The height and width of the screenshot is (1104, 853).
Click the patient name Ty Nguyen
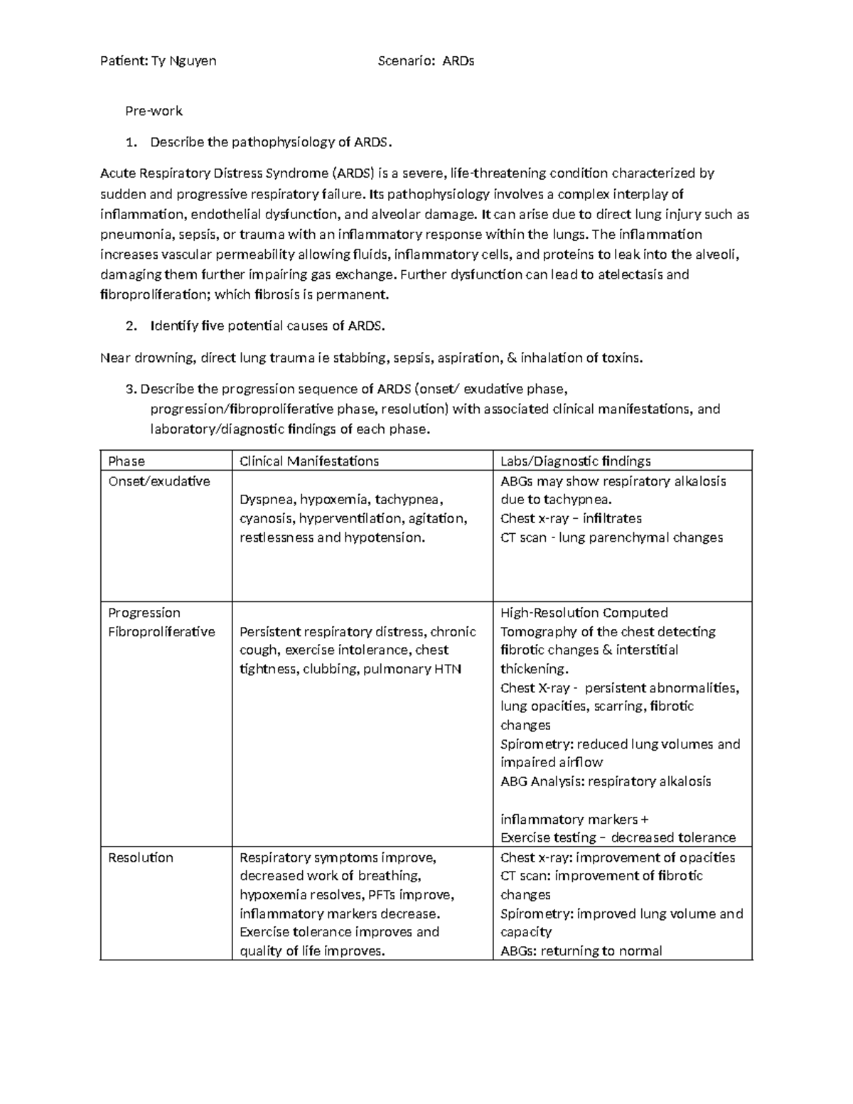tap(184, 61)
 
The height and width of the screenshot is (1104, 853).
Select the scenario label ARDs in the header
tap(458, 61)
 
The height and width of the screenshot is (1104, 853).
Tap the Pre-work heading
tap(154, 111)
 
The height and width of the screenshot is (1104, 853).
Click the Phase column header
tap(127, 461)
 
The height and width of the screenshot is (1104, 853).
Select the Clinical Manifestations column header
tap(309, 461)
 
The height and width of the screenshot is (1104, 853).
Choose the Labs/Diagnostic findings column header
tap(575, 461)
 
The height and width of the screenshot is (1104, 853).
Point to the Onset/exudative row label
tap(159, 481)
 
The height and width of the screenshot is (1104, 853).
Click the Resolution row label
tap(140, 857)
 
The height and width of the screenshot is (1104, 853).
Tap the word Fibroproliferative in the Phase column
tap(161, 632)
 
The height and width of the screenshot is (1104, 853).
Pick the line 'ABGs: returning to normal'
tap(581, 951)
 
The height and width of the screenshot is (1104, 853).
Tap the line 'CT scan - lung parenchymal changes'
tap(611, 538)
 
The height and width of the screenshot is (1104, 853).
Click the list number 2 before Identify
tap(129, 326)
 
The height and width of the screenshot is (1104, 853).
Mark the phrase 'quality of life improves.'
tap(312, 951)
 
